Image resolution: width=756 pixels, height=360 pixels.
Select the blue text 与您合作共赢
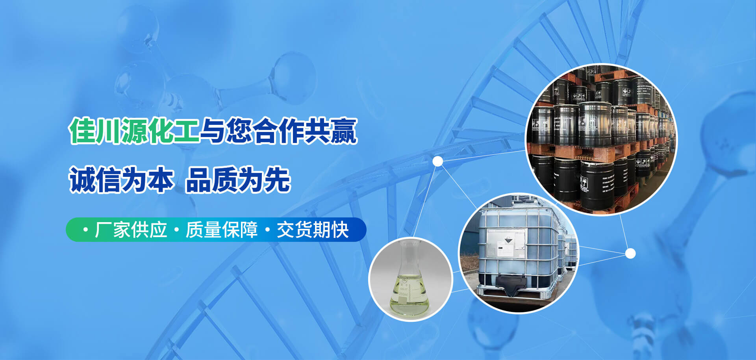coord(279,131)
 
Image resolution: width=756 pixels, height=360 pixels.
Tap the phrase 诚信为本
coord(121,180)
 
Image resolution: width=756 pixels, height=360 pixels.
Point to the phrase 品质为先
coord(238,180)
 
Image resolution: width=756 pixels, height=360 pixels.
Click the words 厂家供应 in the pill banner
coord(131,230)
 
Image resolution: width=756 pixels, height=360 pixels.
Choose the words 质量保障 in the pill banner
coord(222,230)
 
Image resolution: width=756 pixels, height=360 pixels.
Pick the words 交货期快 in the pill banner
coord(313,230)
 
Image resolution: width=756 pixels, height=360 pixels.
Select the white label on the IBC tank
coord(506,242)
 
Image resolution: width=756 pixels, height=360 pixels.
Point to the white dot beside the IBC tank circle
coord(630,253)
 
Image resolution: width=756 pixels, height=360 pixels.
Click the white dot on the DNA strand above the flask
coord(437,161)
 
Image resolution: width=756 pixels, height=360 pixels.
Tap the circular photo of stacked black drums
coord(601,140)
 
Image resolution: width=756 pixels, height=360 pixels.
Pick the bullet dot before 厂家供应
coord(85,230)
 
